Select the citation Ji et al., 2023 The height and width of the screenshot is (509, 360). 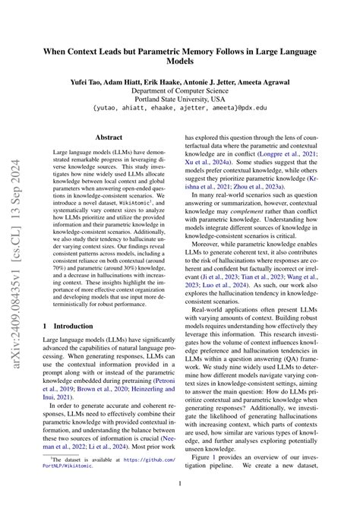tap(223, 280)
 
